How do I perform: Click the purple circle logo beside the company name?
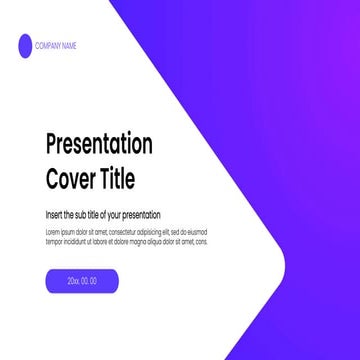[x=24, y=44]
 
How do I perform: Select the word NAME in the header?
[x=69, y=45]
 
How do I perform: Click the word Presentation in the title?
[x=99, y=144]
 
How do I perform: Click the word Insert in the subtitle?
[x=54, y=215]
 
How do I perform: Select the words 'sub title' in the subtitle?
[x=86, y=215]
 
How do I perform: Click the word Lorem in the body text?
[x=52, y=231]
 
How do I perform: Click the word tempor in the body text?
[x=53, y=241]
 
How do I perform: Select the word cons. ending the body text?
[x=201, y=241]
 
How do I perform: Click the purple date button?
[x=82, y=281]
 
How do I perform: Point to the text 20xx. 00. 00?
[x=82, y=281]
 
